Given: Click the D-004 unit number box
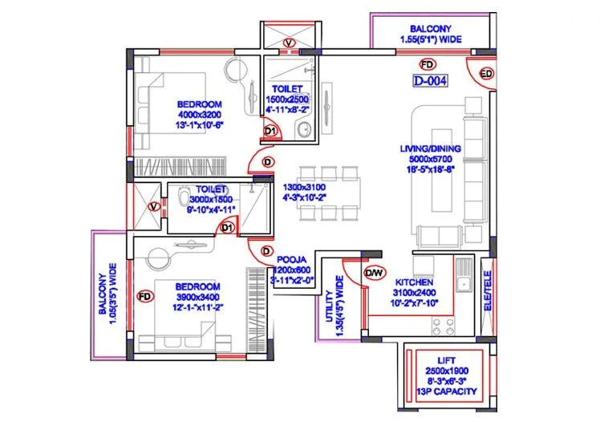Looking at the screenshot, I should pyautogui.click(x=430, y=80).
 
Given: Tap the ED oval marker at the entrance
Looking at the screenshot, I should pyautogui.click(x=486, y=74).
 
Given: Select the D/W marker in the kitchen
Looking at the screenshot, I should pyautogui.click(x=374, y=273).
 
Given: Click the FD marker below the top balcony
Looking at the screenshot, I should pyautogui.click(x=428, y=63).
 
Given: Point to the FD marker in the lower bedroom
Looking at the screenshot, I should pyautogui.click(x=146, y=297).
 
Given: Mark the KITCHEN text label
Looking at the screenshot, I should pyautogui.click(x=414, y=283).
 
